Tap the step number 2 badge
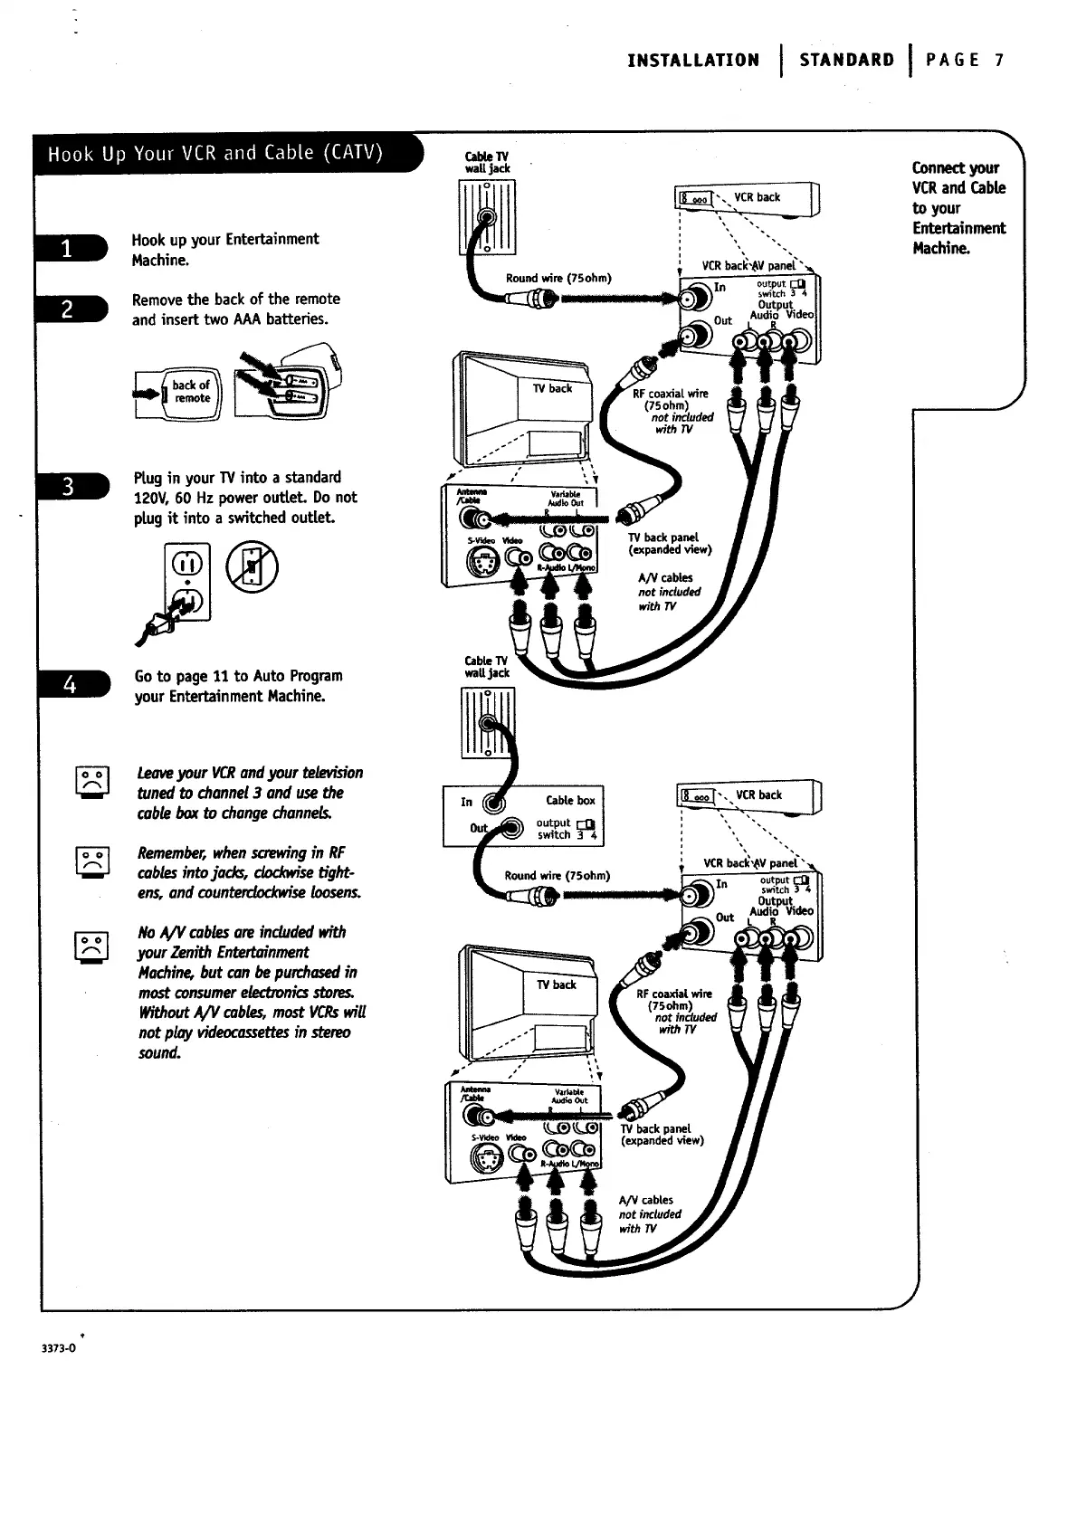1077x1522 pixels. (67, 309)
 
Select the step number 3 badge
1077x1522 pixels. (68, 487)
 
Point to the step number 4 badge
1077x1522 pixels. (69, 685)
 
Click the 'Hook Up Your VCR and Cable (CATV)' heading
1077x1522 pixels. (216, 152)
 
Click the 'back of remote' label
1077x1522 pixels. (191, 392)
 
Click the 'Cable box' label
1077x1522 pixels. (570, 800)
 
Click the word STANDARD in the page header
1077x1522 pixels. (846, 61)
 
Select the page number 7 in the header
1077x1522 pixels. (998, 61)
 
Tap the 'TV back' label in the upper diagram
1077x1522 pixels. (551, 388)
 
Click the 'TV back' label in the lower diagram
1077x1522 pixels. (557, 985)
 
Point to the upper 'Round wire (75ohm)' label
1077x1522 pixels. (558, 278)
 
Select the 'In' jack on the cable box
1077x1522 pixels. (493, 801)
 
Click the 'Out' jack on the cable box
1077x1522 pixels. (512, 828)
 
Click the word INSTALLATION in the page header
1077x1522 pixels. (693, 61)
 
